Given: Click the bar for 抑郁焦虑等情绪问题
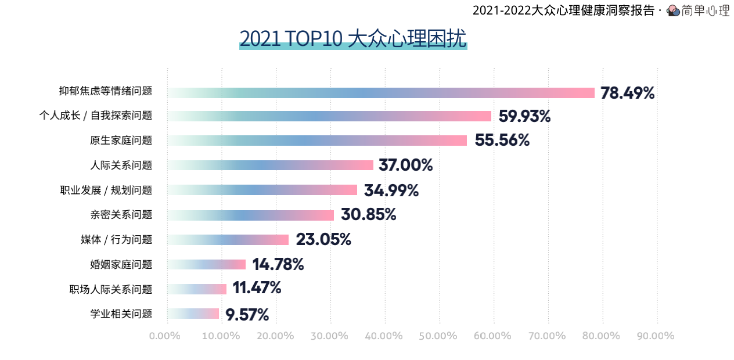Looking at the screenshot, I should click(381, 93).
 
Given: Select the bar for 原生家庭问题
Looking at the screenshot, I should click(317, 141).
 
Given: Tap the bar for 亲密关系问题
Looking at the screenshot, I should click(251, 215).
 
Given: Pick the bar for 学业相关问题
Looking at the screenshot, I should click(193, 314).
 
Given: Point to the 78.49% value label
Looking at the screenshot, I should click(628, 93).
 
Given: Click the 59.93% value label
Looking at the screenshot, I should click(524, 116).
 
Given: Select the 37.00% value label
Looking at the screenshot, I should click(405, 165).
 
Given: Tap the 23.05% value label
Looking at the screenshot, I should click(323, 240).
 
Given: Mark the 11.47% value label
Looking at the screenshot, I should click(257, 288).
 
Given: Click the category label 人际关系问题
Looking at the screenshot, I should click(121, 165).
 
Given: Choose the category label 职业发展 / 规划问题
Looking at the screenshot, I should click(106, 190).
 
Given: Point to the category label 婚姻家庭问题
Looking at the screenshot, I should click(121, 265).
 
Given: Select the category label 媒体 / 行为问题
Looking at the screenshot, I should click(116, 240).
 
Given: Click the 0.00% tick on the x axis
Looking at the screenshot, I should click(165, 336).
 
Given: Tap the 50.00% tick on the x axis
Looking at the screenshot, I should click(438, 336).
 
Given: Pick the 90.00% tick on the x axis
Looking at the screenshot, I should click(656, 336).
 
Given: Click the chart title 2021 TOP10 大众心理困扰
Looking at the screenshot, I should click(353, 38).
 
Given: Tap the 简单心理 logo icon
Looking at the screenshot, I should click(674, 10).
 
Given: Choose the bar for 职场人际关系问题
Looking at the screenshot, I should click(197, 289).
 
